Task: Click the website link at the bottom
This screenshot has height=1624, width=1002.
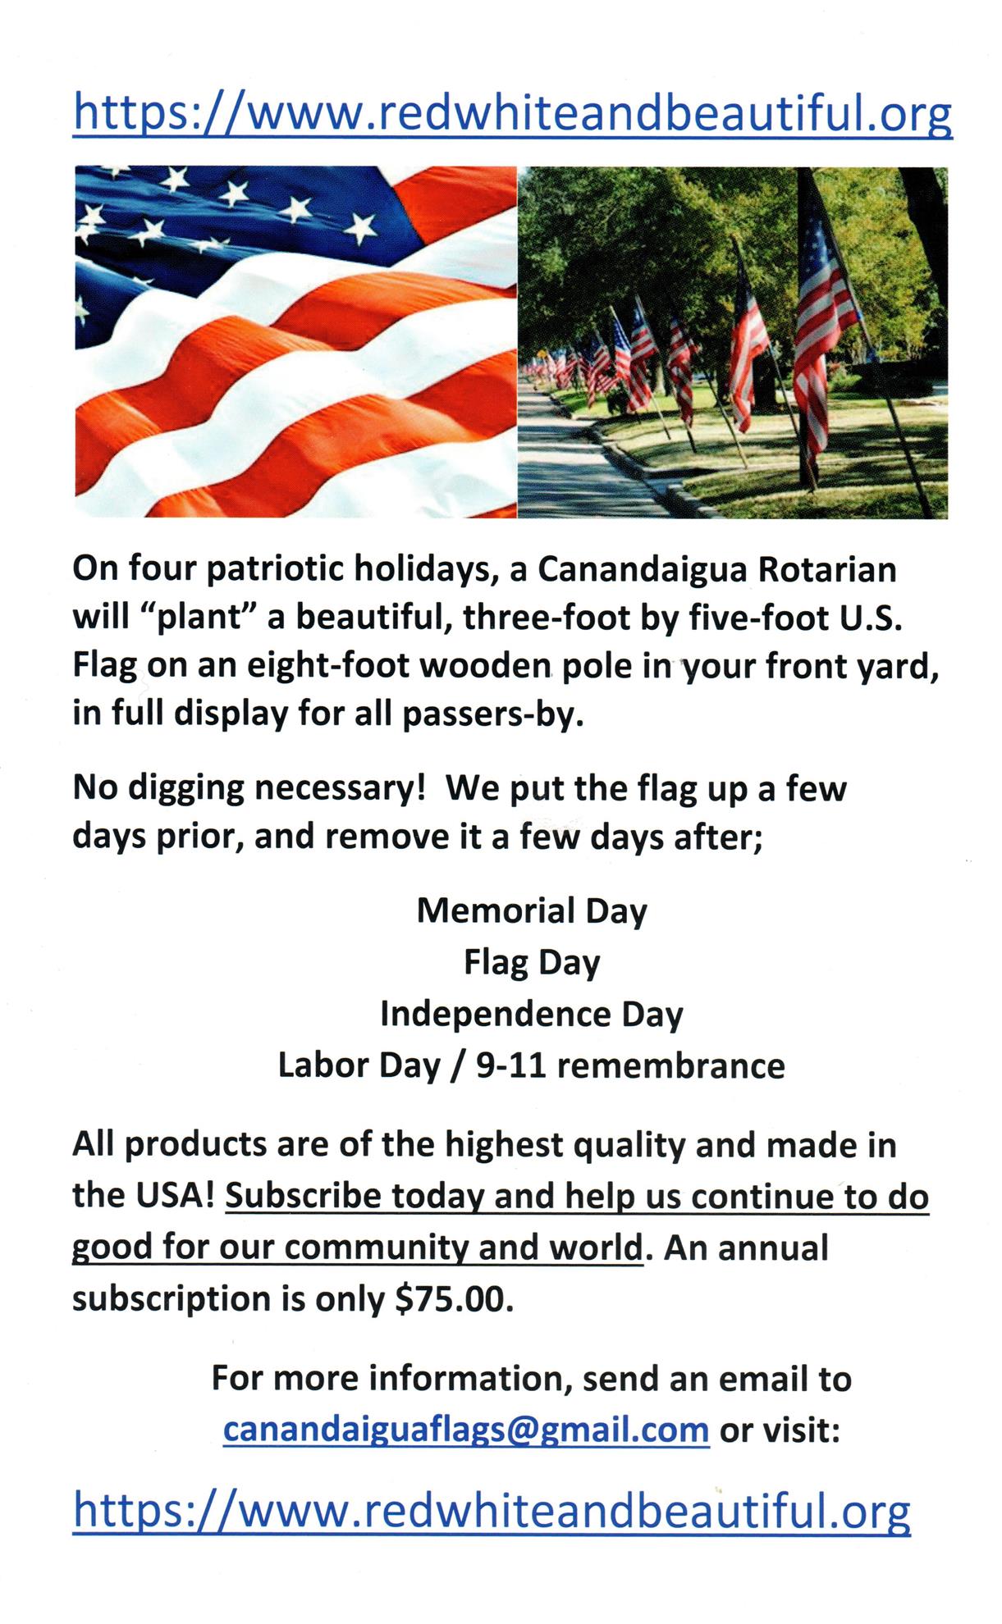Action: point(492,1510)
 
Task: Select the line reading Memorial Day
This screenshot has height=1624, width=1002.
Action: point(532,910)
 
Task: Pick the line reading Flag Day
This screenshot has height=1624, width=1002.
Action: point(532,962)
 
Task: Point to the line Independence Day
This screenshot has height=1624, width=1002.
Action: point(532,1014)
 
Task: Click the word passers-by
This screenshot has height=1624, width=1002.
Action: point(492,714)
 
